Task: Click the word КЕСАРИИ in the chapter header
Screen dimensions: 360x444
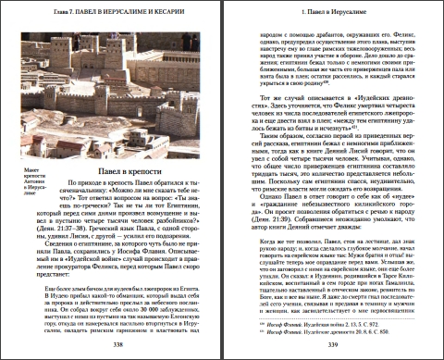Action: coord(180,11)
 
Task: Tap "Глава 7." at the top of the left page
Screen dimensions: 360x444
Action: coord(36,11)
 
